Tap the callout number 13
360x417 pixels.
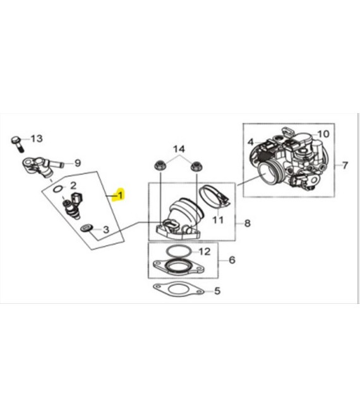click(37, 138)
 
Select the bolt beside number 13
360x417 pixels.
click(17, 143)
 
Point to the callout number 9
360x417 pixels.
click(78, 163)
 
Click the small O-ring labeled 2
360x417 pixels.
click(58, 189)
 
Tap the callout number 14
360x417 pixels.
click(179, 149)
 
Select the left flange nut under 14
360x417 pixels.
click(160, 166)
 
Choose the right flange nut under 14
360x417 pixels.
click(196, 166)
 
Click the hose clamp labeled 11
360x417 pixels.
click(214, 197)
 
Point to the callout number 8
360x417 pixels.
click(248, 223)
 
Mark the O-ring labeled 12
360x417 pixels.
click(179, 251)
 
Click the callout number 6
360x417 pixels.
click(232, 260)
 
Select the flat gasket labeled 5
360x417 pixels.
click(178, 289)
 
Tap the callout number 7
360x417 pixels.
click(345, 165)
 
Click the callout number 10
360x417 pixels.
click(323, 134)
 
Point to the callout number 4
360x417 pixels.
click(251, 142)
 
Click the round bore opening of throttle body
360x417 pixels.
click(268, 172)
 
